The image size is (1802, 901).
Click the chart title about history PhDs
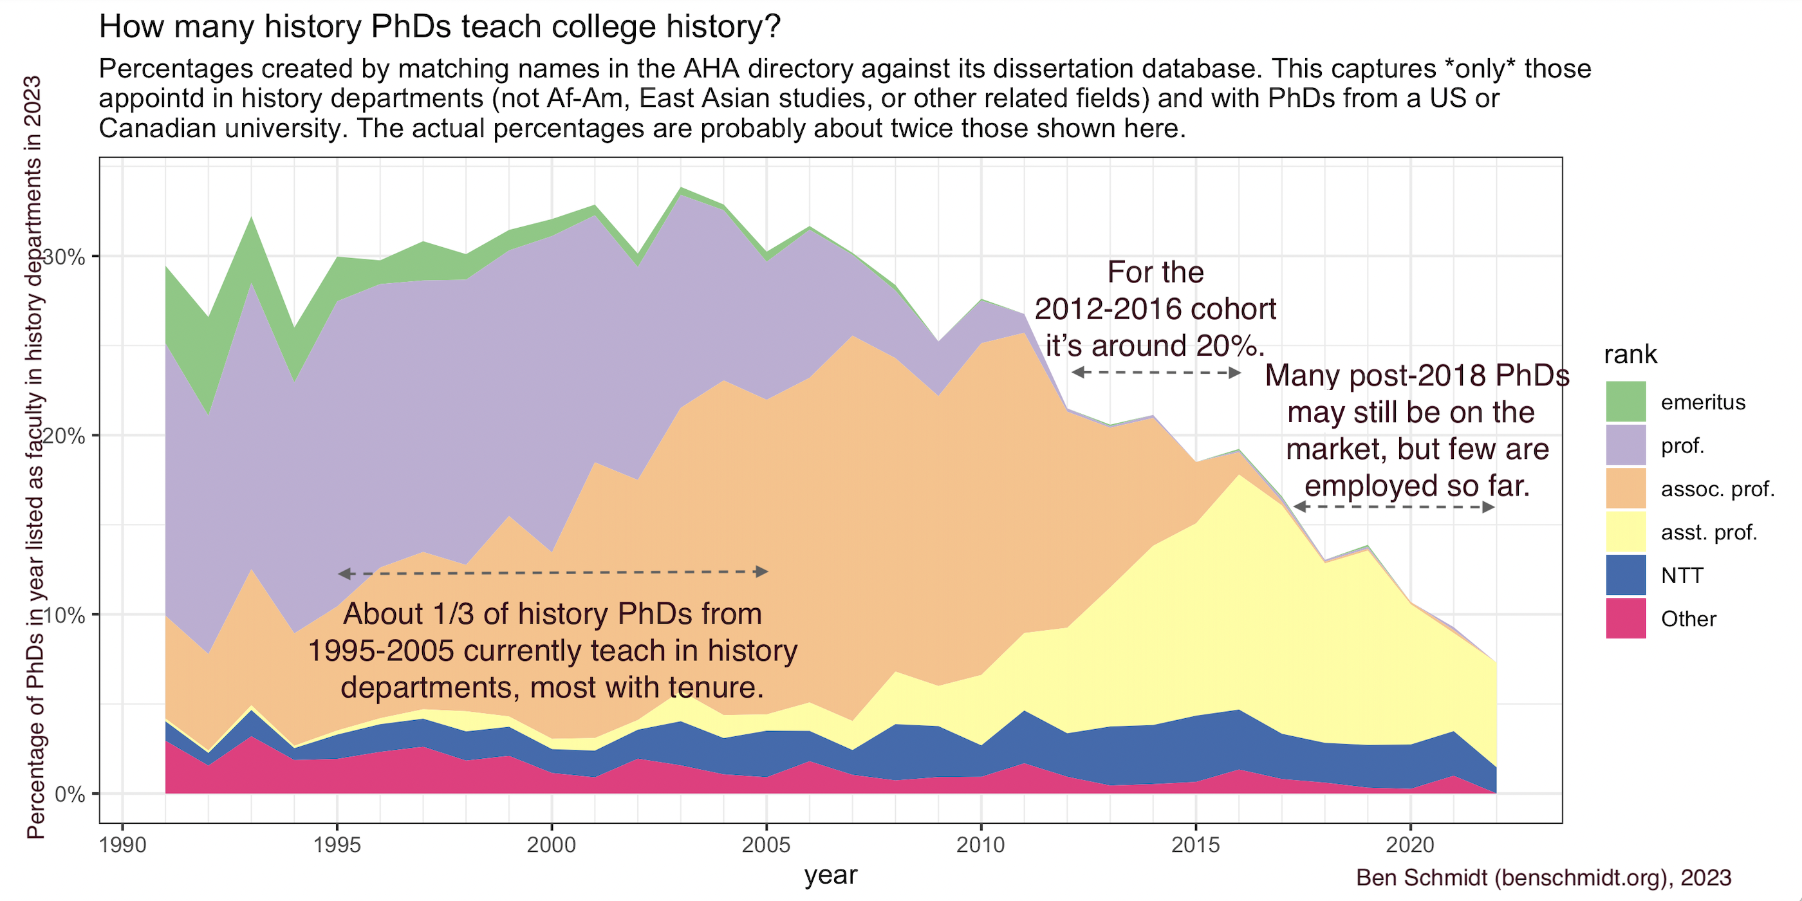coord(440,26)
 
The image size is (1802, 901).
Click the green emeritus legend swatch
coord(1625,402)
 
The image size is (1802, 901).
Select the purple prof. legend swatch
coord(1625,445)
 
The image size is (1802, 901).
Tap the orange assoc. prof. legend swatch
coord(1625,488)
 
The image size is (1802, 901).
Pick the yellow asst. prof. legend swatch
coord(1625,532)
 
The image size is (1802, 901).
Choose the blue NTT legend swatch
coord(1625,575)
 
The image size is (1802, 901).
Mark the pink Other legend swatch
coord(1625,618)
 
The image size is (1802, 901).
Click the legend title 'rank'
coord(1630,355)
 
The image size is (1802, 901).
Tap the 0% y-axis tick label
coord(70,795)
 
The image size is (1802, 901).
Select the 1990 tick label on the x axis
coord(123,845)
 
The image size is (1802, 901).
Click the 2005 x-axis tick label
coord(766,845)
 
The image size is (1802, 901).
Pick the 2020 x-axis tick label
coord(1410,845)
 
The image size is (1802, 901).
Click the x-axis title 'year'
coord(830,875)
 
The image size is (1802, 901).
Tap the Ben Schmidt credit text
coord(1543,878)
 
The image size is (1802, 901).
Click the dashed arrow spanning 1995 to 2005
coord(553,573)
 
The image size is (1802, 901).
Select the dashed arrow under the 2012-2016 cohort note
coord(1156,372)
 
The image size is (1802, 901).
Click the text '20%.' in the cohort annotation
coord(1230,346)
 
